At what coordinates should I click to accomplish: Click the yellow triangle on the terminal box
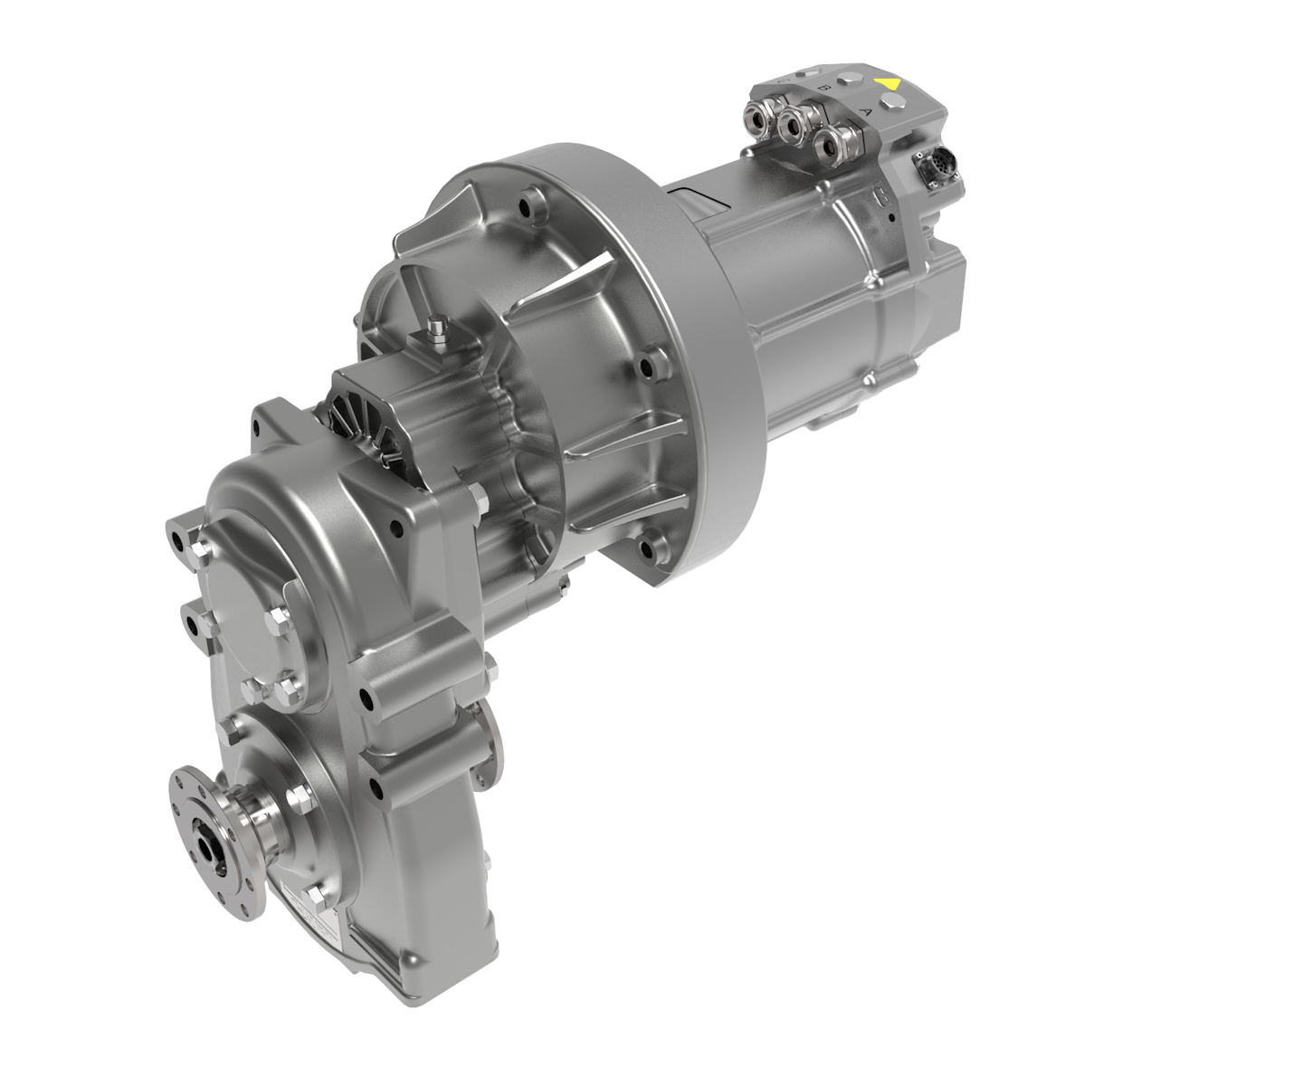pos(888,83)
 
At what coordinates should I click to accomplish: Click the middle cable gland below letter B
pos(794,128)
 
